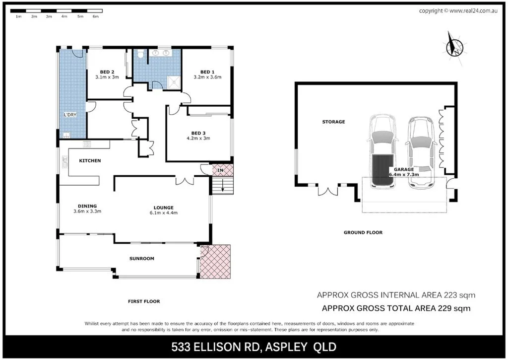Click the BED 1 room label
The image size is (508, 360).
pyautogui.click(x=207, y=72)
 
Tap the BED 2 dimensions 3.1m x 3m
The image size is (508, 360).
pyautogui.click(x=107, y=77)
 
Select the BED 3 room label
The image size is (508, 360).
pyautogui.click(x=198, y=133)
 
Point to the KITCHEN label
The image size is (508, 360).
pyautogui.click(x=90, y=160)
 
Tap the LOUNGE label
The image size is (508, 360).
pyautogui.click(x=163, y=208)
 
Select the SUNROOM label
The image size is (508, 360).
pyautogui.click(x=142, y=258)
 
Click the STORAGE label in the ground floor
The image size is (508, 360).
pyautogui.click(x=333, y=122)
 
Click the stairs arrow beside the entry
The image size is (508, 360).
pyautogui.click(x=223, y=187)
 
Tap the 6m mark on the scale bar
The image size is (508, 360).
pyautogui.click(x=96, y=16)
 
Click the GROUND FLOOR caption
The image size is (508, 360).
pyautogui.click(x=363, y=232)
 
